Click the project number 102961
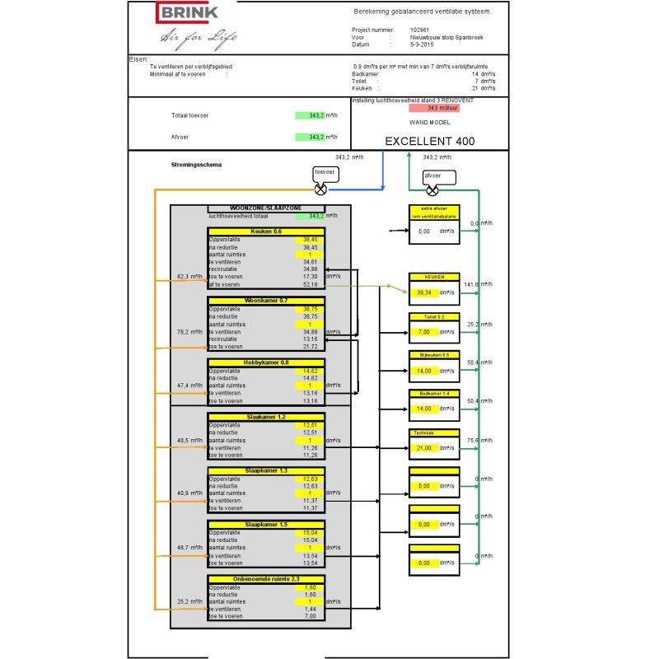click(420, 30)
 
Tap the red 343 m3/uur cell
click(443, 108)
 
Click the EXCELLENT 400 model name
click(429, 141)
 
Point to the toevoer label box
click(325, 172)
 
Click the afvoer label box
click(433, 175)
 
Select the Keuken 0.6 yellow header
click(266, 231)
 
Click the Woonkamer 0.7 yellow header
click(266, 301)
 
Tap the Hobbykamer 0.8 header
click(266, 362)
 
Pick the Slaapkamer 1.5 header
click(266, 525)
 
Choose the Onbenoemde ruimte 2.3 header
click(266, 579)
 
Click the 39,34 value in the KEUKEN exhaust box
click(424, 292)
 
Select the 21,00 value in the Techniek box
click(424, 447)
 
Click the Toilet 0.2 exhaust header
click(433, 316)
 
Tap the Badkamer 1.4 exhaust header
click(433, 394)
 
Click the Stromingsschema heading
click(190, 165)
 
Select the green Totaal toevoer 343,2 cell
click(311, 115)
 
